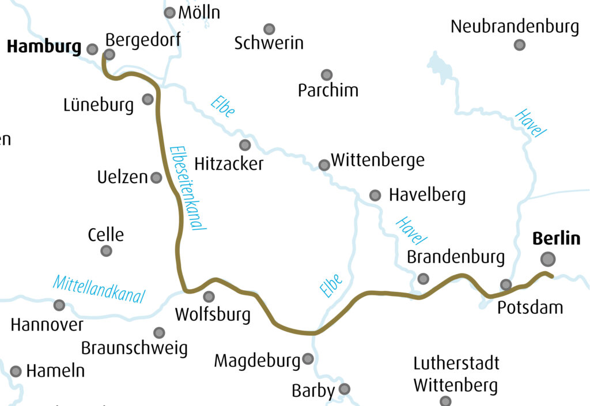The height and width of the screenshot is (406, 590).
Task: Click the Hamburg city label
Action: [x=44, y=47]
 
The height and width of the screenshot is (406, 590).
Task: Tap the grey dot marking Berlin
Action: [x=548, y=259]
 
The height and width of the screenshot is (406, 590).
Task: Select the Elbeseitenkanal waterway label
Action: [x=188, y=188]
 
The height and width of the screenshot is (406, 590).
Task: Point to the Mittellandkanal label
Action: [x=99, y=289]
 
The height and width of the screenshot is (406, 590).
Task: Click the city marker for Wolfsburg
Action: [x=209, y=297]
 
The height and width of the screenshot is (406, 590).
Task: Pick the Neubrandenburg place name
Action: [x=515, y=26]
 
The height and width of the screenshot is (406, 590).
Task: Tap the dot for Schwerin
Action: [x=269, y=29]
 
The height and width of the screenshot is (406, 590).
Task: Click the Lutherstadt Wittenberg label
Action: [x=456, y=374]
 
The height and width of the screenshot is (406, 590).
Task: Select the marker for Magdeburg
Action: [x=308, y=359]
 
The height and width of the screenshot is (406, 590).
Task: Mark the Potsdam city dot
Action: [x=506, y=284]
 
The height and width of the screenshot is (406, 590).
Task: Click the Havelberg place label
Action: [x=427, y=195]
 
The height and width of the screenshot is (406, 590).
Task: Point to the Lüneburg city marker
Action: [x=148, y=99]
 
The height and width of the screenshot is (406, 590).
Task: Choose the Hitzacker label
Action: [x=229, y=164]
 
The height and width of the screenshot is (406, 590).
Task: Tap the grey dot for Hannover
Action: [x=59, y=305]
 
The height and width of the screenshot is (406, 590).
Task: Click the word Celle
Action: [x=106, y=235]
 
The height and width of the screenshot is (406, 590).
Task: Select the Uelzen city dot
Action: [x=156, y=177]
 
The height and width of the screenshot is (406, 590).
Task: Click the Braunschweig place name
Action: [x=134, y=348]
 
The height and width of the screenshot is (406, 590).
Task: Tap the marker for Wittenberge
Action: [x=324, y=165]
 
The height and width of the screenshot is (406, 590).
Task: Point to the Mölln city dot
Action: [x=170, y=13]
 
